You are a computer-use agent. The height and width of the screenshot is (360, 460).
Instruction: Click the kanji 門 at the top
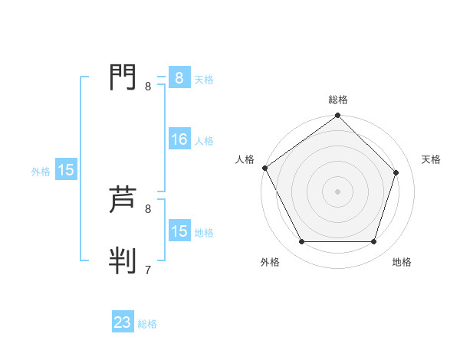(123, 77)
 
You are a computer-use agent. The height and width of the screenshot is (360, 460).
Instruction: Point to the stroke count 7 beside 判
(148, 270)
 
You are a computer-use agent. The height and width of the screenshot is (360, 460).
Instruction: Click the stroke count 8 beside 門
(148, 86)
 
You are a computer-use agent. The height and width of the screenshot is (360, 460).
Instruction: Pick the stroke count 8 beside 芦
(148, 208)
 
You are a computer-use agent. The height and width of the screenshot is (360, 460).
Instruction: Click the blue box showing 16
(179, 139)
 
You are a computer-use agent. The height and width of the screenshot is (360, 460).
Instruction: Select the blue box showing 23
(123, 322)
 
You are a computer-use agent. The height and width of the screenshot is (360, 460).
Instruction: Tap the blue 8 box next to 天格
(179, 78)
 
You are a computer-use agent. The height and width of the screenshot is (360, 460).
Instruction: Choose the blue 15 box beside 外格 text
(66, 170)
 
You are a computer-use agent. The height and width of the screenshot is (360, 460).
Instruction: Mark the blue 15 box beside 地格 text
(179, 231)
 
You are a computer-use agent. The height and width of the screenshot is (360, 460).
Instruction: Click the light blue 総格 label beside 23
(147, 324)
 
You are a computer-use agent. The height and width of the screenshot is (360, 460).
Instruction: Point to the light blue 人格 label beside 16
(204, 141)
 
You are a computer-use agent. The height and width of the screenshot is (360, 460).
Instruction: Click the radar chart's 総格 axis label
(338, 100)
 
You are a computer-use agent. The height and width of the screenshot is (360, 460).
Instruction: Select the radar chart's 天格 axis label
(431, 159)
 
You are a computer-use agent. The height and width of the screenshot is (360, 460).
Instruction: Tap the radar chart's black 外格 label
(270, 262)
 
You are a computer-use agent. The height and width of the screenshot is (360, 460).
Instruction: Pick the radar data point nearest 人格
(264, 168)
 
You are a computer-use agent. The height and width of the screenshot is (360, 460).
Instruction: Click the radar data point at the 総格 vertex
(338, 116)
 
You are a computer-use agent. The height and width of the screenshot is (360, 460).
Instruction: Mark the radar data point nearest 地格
(374, 242)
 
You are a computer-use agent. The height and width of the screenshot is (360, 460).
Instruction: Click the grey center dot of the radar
(338, 191)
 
